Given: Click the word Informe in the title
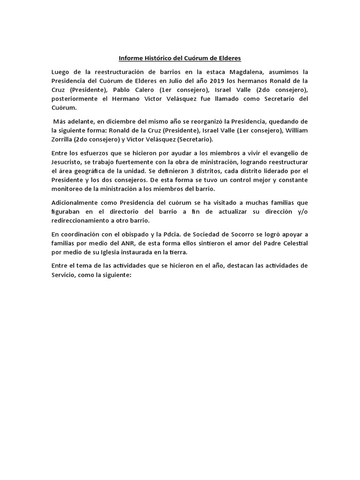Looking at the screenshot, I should (130, 59).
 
